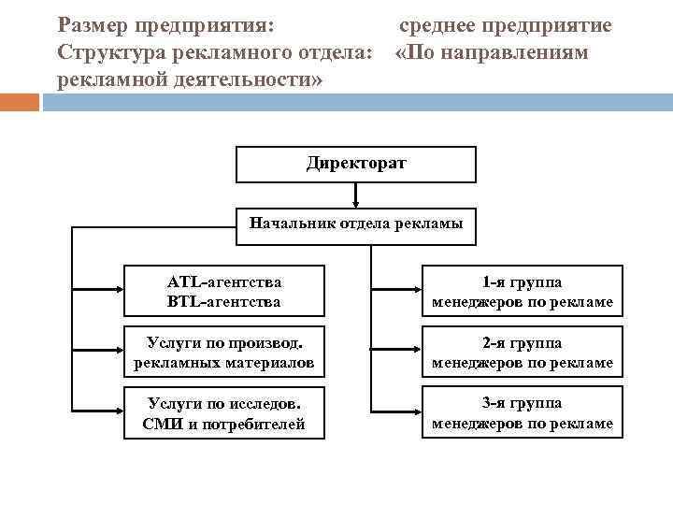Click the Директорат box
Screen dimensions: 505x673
[355, 164]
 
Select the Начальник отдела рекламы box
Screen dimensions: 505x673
[355, 224]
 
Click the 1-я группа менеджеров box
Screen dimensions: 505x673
[522, 291]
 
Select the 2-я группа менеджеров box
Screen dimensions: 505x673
[522, 351]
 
